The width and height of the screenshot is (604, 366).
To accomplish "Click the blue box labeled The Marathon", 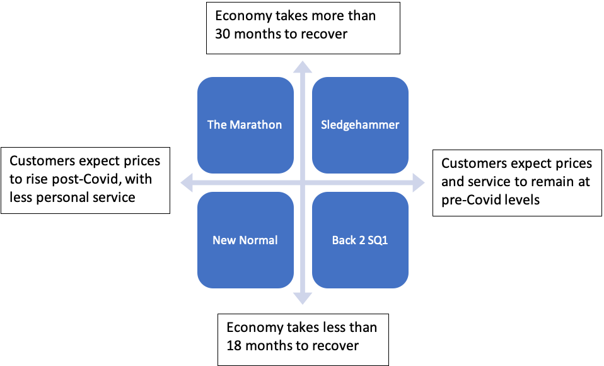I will point(245,124).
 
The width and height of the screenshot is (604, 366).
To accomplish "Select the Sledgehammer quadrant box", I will point(359,124).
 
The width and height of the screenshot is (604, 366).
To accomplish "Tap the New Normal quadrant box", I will point(245,240).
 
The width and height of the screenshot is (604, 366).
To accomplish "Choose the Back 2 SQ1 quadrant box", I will point(359,240).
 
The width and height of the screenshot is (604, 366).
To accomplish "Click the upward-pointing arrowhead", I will point(303,66).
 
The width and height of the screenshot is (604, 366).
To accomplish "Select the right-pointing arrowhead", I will point(420,184).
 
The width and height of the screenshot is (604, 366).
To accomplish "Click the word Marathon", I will point(255,124).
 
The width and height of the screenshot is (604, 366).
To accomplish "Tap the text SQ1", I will point(376,240).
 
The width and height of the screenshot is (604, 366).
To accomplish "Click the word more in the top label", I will point(321,16).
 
